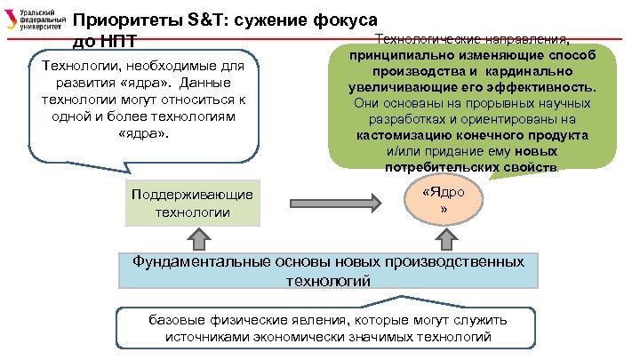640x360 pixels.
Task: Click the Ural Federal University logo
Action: click(x=36, y=20)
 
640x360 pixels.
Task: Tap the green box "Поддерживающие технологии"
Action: click(x=191, y=204)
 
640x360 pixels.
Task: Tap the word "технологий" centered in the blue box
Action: click(x=327, y=281)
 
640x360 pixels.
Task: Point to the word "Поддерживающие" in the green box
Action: click(x=191, y=195)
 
